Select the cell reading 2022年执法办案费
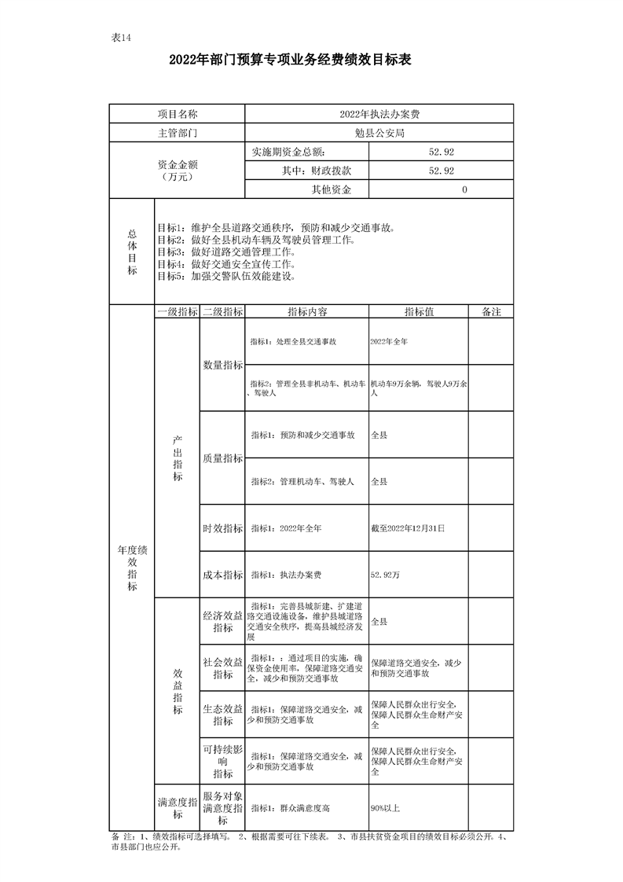pyautogui.click(x=379, y=114)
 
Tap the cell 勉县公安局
pyautogui.click(x=379, y=133)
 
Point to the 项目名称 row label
pyautogui.click(x=177, y=114)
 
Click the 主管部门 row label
pyautogui.click(x=177, y=133)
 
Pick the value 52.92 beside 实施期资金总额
pyautogui.click(x=441, y=152)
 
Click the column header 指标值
pyautogui.click(x=419, y=312)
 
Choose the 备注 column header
pyautogui.click(x=491, y=312)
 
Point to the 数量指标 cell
pyautogui.click(x=223, y=365)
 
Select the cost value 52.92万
pyautogui.click(x=385, y=575)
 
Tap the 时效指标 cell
pyautogui.click(x=223, y=529)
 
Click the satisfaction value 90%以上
pyautogui.click(x=385, y=807)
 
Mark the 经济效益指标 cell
pyautogui.click(x=223, y=621)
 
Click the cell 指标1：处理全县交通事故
pyautogui.click(x=293, y=342)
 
